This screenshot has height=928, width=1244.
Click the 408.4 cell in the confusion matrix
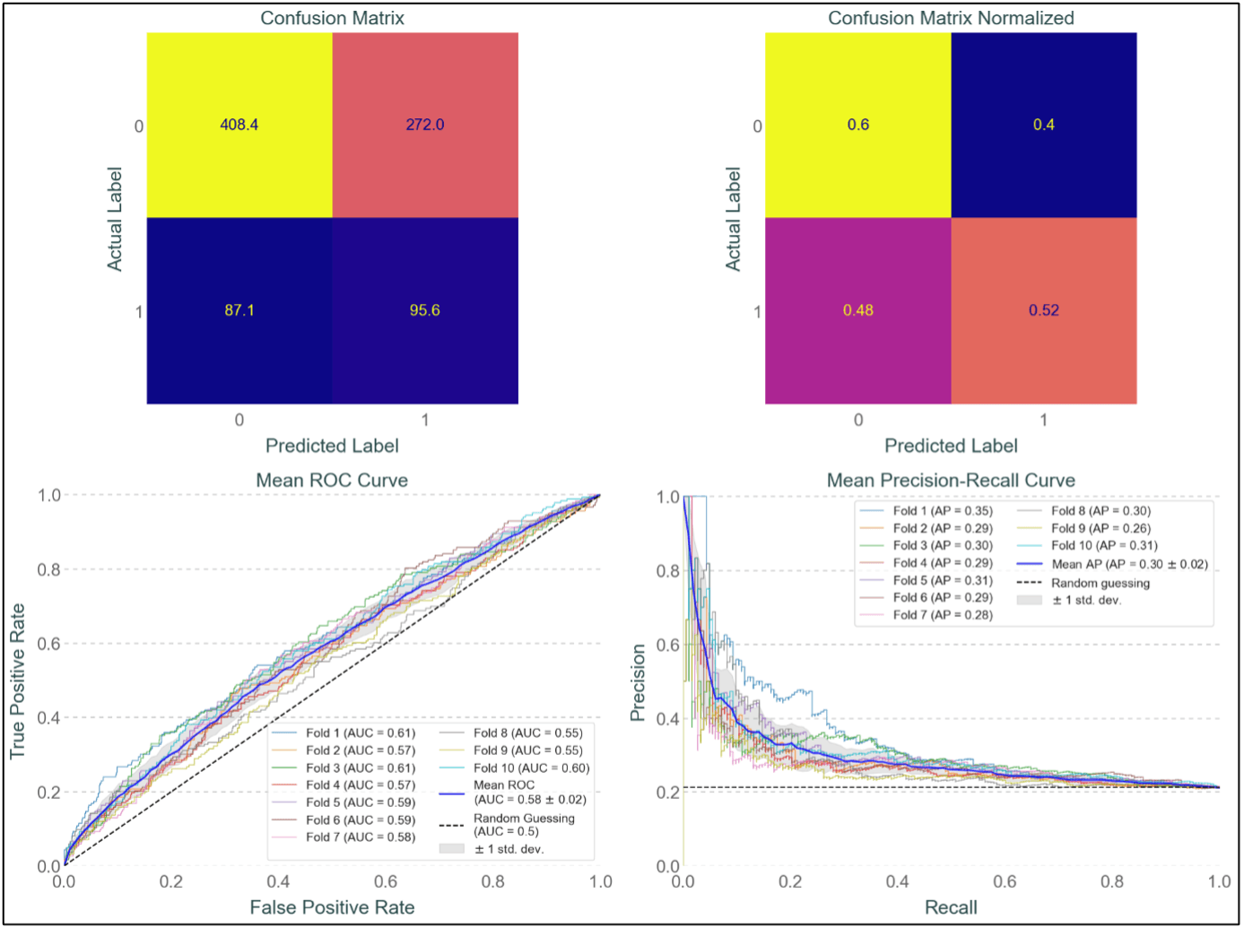coord(239,125)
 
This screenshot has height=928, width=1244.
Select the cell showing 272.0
coord(425,125)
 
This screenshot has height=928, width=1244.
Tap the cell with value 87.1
coord(239,310)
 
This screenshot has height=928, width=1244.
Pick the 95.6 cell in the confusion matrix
coord(425,310)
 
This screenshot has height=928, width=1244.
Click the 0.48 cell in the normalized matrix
coord(858,310)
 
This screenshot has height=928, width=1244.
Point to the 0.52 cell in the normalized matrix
coord(1044,310)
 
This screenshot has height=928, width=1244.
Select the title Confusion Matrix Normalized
coord(951,18)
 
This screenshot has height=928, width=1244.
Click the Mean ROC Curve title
coord(332,481)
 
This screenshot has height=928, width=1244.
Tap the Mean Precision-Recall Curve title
coord(951,481)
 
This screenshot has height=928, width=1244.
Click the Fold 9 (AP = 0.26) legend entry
coord(1100,529)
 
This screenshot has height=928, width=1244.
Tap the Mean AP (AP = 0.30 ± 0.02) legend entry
coord(1129,565)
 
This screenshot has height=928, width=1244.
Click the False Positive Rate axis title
coord(332,907)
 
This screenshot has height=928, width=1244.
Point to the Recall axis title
coord(951,907)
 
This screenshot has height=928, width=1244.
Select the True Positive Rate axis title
coord(17,681)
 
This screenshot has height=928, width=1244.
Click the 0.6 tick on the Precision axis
coord(667,645)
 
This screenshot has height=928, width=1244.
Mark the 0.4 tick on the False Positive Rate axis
coord(278,882)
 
